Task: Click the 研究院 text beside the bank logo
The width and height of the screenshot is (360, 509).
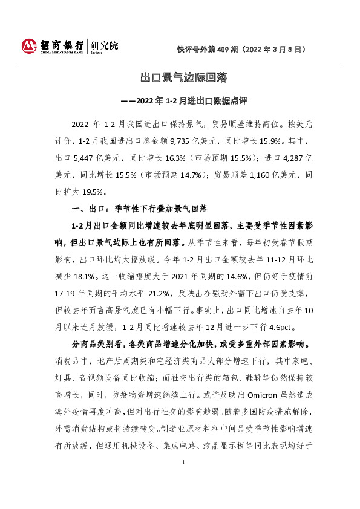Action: (x=104, y=45)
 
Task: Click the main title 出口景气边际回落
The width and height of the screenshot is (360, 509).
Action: (x=183, y=78)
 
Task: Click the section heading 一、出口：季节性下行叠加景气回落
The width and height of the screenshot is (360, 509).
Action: (x=140, y=209)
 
